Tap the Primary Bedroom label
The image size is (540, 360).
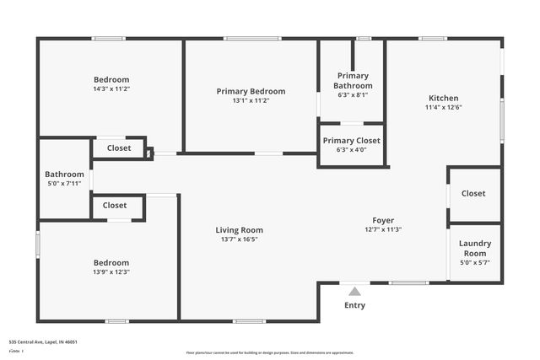[251, 91]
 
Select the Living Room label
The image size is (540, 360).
[239, 229]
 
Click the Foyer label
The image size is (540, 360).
[383, 220]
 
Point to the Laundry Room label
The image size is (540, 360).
[474, 248]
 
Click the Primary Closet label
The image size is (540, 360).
[351, 140]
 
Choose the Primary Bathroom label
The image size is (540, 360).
[353, 80]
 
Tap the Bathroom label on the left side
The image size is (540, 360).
[64, 174]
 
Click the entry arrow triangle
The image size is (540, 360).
[354, 291]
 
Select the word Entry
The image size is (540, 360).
[354, 305]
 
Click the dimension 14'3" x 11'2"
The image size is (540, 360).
[111, 89]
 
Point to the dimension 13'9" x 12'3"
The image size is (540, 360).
[111, 271]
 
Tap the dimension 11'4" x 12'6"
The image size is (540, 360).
[443, 107]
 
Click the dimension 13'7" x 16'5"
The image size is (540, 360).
[239, 239]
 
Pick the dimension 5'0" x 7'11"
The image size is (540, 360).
[64, 183]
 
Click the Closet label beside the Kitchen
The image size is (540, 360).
[473, 193]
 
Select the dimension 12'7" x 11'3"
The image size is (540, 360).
[383, 229]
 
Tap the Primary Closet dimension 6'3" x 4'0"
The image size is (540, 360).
[351, 150]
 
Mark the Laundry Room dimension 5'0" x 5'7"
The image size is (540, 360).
[474, 262]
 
